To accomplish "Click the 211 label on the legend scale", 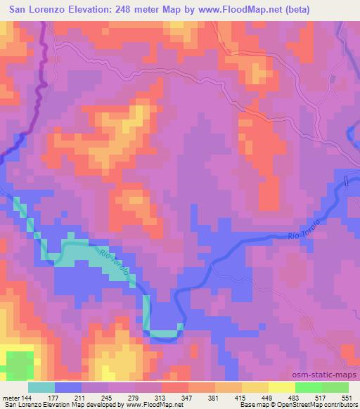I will click(79, 398).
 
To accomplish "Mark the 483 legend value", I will click(295, 398).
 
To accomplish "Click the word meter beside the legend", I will click(11, 398).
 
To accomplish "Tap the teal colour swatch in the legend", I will click(41, 387).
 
